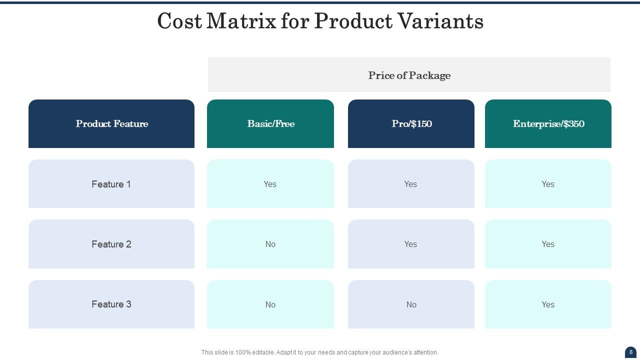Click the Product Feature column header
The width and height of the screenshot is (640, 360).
[111, 124]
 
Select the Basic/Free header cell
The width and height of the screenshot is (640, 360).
[270, 124]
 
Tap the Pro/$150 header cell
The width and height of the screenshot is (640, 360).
[411, 124]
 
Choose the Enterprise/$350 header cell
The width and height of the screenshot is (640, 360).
[548, 124]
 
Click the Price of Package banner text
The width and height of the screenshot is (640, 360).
[409, 75]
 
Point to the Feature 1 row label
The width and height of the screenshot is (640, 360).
[111, 184]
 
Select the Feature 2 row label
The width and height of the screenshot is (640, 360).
[111, 244]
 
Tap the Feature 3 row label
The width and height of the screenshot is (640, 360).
[111, 304]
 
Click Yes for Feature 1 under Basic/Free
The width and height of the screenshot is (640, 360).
[270, 184]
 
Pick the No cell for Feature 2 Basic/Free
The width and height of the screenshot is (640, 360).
[270, 244]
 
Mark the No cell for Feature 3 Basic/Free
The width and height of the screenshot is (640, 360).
[270, 304]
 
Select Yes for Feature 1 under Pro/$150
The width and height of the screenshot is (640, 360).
[410, 184]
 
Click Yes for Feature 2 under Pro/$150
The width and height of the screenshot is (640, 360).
[410, 244]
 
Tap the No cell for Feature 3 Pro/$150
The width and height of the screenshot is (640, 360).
[411, 304]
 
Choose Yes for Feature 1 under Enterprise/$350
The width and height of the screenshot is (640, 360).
[548, 184]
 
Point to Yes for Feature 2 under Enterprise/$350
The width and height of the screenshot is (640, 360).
[548, 244]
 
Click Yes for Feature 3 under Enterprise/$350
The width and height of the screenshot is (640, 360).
[548, 304]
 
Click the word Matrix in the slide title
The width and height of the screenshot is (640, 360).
[241, 21]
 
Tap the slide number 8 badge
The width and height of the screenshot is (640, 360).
[630, 352]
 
